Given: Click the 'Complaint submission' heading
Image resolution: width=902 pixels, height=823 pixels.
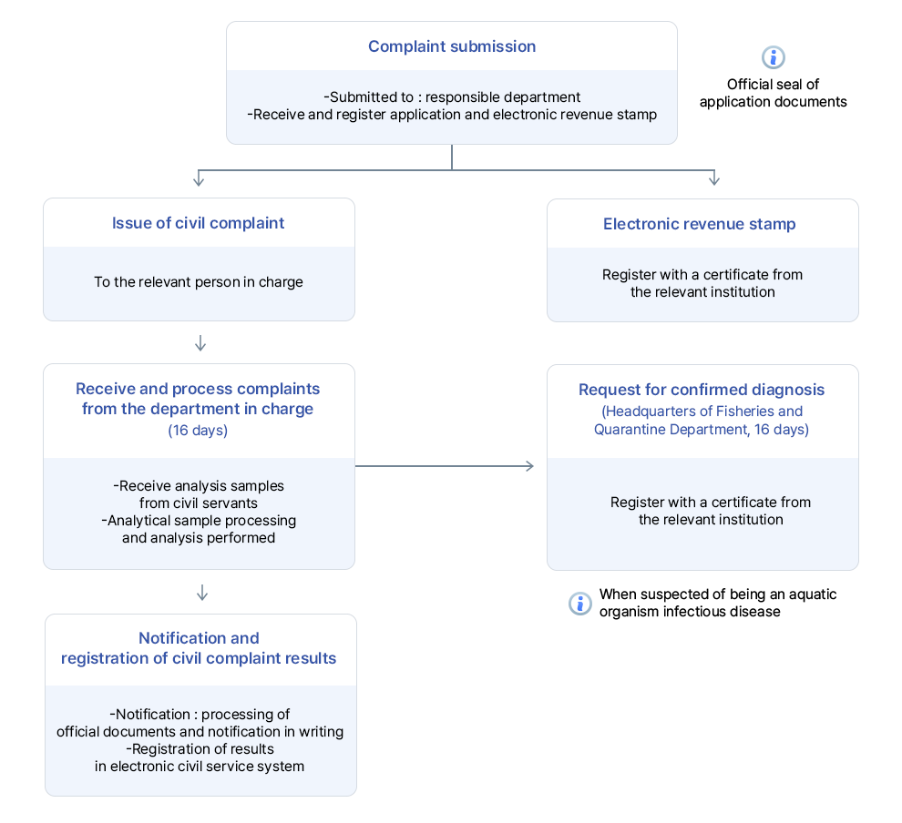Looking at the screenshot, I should click(452, 46).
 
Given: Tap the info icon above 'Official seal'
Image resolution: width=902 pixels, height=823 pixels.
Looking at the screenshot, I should click(773, 58).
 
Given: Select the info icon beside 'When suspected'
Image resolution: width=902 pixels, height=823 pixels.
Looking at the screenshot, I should click(579, 604).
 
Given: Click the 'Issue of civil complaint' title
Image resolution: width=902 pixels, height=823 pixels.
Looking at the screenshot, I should click(199, 223).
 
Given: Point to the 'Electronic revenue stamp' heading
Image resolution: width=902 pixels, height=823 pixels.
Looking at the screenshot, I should click(700, 224).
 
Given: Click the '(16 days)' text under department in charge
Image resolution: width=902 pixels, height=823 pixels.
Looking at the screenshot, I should click(198, 430).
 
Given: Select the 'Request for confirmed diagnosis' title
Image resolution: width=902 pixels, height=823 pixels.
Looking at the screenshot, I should click(702, 390).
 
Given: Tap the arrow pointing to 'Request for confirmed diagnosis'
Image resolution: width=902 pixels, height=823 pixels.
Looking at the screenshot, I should click(528, 466).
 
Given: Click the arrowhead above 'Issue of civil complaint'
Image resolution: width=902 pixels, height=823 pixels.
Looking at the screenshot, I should click(199, 180).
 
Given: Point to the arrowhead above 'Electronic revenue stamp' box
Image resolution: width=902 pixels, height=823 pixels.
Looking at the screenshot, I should click(714, 180).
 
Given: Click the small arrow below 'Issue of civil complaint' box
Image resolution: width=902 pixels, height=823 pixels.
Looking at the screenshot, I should click(200, 344).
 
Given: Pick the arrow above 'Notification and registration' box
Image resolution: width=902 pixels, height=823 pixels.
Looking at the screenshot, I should click(202, 594).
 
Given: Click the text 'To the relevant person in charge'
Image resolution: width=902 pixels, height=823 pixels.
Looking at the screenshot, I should click(199, 282).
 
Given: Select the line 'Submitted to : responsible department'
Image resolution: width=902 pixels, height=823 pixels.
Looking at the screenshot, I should click(452, 97).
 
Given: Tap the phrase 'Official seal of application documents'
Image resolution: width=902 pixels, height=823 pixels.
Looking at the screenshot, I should click(773, 93).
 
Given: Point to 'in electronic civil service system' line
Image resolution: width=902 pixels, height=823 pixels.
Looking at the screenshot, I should click(200, 766).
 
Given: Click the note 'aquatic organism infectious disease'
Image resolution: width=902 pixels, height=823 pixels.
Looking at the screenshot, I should click(690, 612).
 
